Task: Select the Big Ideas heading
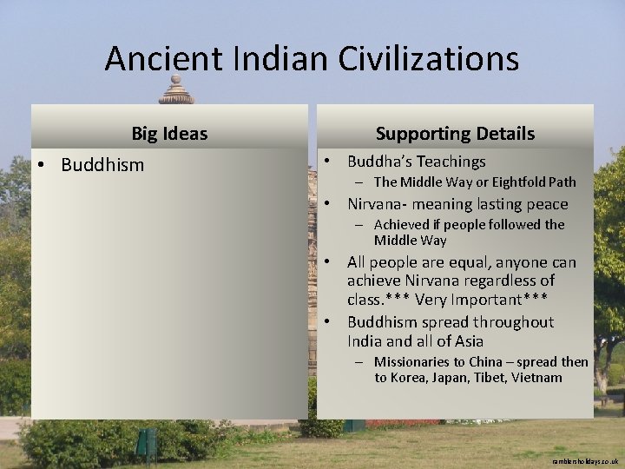[x=169, y=134]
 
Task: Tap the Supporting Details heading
[x=455, y=134]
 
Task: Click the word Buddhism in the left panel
[x=102, y=165]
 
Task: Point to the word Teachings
[x=451, y=162]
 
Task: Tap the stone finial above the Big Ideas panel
[x=176, y=90]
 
